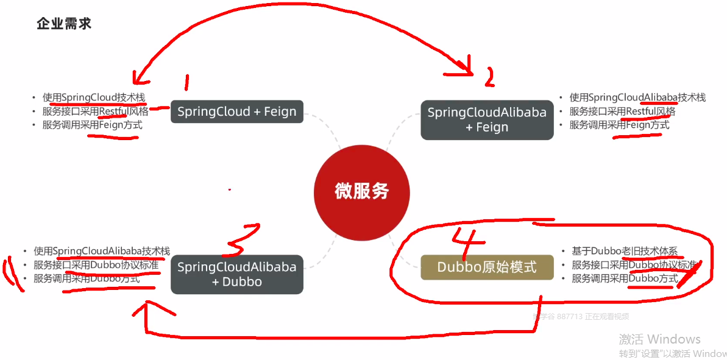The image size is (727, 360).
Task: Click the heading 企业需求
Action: point(64,24)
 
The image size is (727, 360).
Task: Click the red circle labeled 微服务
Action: point(361,191)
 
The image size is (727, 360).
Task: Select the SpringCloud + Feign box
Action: point(236,111)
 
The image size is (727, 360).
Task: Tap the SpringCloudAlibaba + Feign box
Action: point(487,119)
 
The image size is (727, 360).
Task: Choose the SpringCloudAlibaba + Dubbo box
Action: point(236,274)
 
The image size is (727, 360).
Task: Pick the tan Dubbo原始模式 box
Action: point(487,267)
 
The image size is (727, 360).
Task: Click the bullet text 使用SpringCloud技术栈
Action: point(94,97)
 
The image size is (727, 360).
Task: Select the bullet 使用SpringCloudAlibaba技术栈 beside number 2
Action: point(637,97)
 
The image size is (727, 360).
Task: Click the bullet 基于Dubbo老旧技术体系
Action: point(624,251)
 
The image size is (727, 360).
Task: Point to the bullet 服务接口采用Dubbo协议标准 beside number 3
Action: point(96,265)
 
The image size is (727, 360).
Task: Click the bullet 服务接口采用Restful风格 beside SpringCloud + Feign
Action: point(95,111)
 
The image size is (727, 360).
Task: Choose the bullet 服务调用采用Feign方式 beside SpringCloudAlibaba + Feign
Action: point(619,125)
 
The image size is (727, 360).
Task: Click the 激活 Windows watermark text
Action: point(659,339)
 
